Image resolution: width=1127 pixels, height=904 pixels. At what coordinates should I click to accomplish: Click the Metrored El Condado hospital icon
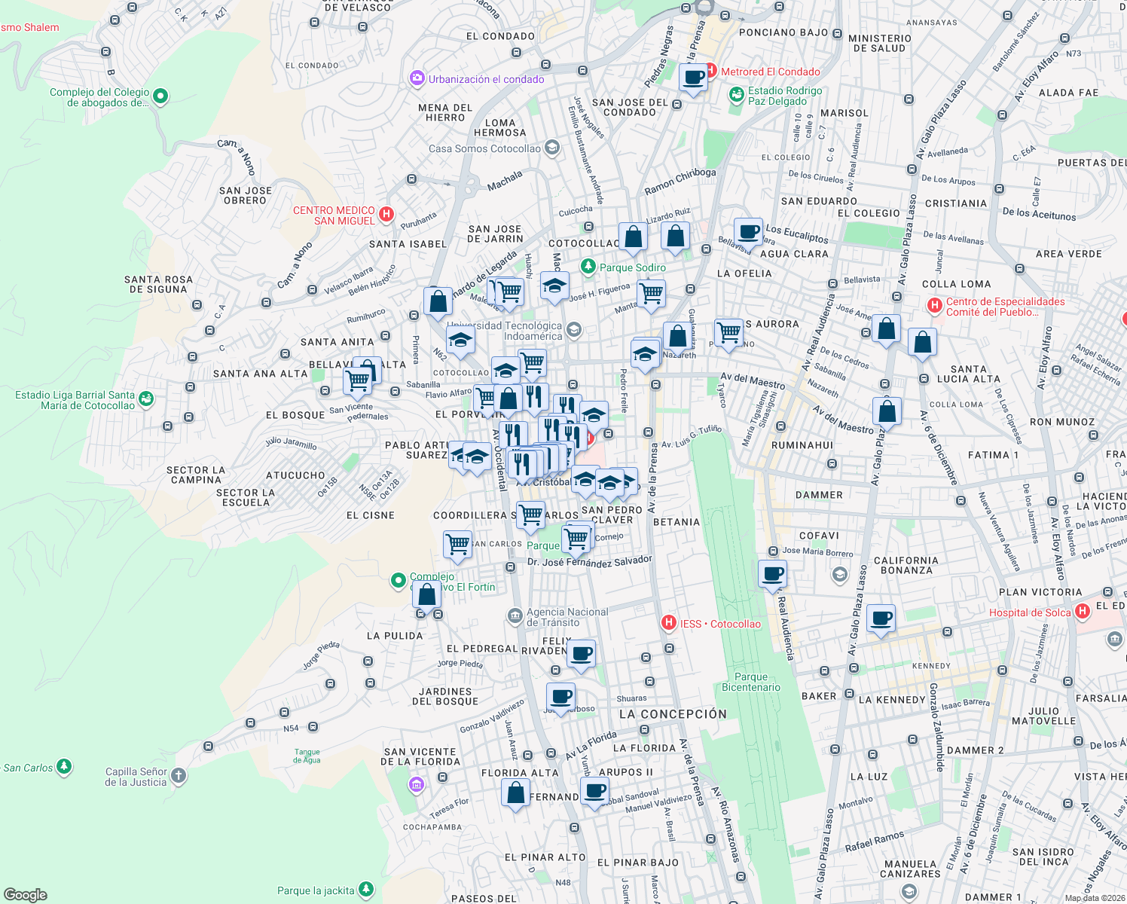tap(710, 72)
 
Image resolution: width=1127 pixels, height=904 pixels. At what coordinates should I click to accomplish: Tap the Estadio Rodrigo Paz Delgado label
tap(785, 96)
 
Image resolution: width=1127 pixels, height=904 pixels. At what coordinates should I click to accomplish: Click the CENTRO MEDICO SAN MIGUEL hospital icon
tap(386, 215)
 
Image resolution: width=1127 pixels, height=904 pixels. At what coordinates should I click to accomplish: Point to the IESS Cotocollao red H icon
tap(668, 623)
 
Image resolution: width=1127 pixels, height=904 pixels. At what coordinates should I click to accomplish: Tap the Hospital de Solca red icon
tap(1083, 612)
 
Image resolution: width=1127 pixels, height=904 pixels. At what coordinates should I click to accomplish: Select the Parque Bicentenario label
tap(751, 682)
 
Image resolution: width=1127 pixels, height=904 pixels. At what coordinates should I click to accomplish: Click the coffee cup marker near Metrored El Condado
tap(693, 78)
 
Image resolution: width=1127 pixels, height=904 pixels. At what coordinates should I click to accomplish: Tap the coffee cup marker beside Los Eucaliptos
tap(748, 232)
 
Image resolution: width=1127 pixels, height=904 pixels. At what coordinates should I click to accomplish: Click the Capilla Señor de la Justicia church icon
tap(178, 775)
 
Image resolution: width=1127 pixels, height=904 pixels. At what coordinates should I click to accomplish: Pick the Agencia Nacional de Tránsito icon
tap(515, 616)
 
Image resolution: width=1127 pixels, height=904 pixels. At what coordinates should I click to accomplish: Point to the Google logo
tap(25, 894)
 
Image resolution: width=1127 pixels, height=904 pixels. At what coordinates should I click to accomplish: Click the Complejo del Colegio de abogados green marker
tap(160, 96)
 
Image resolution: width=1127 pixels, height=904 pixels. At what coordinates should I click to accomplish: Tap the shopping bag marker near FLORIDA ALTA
tap(515, 793)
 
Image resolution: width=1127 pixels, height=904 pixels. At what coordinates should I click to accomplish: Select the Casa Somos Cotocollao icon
tap(552, 148)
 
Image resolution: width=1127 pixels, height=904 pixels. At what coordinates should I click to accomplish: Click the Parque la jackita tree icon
tap(366, 890)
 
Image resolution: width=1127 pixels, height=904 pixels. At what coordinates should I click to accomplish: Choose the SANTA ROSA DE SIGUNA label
tap(158, 284)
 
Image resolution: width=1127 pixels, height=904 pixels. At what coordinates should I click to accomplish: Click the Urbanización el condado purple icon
tap(417, 78)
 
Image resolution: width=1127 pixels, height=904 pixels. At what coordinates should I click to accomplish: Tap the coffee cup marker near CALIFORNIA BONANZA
tap(881, 619)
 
